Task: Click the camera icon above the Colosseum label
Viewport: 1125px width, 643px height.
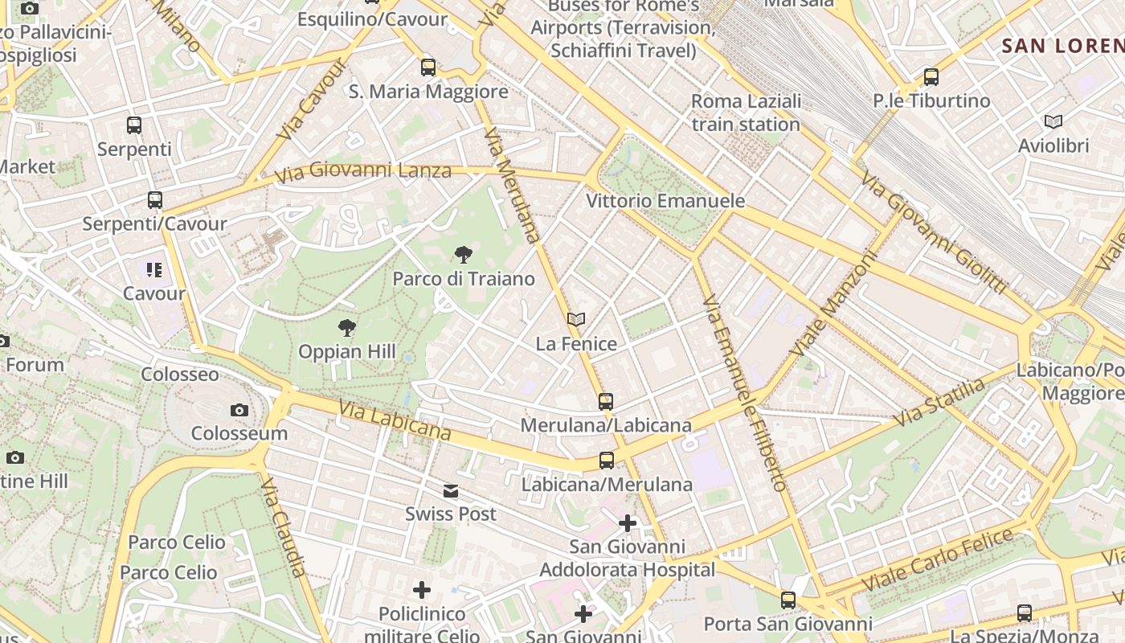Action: [239, 411]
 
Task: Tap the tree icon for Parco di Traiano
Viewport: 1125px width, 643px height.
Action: [463, 256]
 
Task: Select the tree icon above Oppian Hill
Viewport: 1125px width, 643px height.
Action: [347, 327]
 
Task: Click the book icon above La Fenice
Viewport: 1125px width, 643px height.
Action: [575, 320]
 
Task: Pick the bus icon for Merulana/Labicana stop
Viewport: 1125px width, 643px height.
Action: [606, 401]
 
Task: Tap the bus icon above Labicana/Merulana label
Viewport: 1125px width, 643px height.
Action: [607, 461]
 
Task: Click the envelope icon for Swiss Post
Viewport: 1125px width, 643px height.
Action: [450, 490]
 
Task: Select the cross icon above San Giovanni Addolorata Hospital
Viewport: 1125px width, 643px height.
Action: [627, 523]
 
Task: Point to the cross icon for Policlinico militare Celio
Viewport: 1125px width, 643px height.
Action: [422, 590]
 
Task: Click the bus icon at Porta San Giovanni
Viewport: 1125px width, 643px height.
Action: [788, 600]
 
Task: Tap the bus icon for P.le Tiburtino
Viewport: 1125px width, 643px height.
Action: [931, 77]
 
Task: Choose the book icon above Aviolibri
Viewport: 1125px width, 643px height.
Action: [1053, 122]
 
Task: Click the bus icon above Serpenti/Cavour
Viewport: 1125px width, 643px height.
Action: [155, 200]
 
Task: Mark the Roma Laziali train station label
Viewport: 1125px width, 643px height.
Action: [746, 113]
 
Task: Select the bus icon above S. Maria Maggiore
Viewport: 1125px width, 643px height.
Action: [428, 68]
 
